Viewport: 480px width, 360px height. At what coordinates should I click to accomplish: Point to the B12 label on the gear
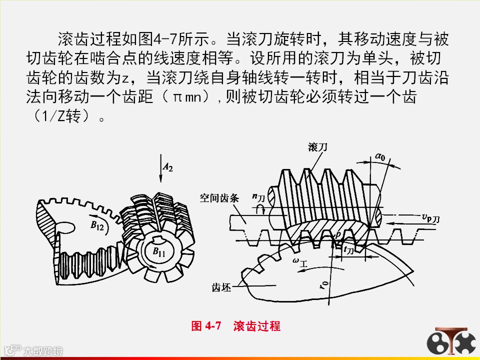97,226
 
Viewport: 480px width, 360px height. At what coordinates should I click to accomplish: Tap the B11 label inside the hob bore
159,251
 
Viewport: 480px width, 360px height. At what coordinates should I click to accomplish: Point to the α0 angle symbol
380,158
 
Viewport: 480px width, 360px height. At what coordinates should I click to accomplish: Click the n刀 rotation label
258,198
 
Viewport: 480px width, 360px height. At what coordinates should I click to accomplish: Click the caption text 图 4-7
206,326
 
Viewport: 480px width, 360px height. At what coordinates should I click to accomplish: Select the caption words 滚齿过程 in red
257,326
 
